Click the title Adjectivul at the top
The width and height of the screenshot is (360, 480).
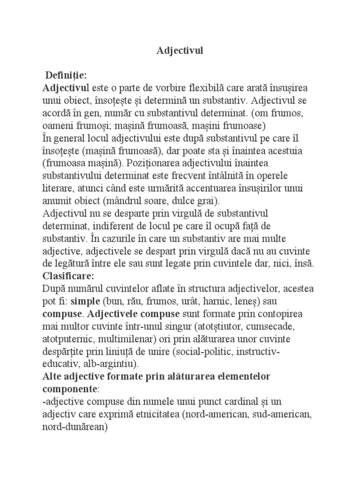tap(180, 51)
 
